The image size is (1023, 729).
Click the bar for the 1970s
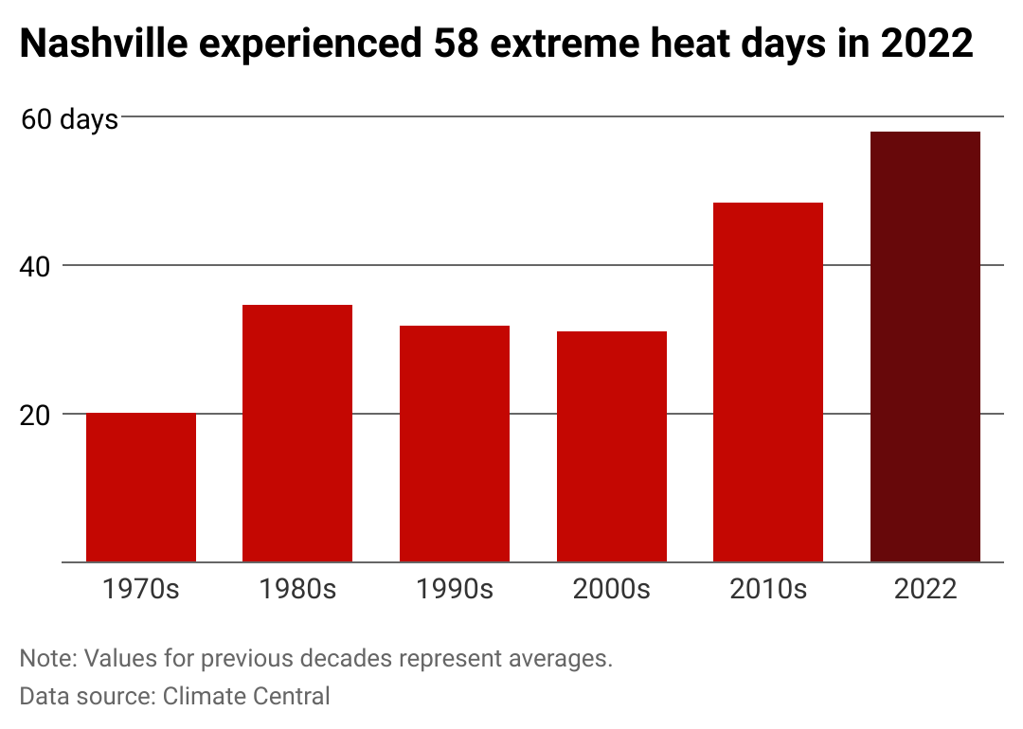coord(141,488)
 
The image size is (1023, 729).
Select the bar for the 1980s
coord(297,434)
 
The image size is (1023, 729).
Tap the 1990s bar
coord(455,444)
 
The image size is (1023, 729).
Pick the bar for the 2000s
coord(612,447)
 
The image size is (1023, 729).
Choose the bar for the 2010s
coord(768,382)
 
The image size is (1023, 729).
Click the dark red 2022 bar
coord(925,347)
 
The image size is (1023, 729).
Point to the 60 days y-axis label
coord(69,119)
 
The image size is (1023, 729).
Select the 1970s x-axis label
coord(141,589)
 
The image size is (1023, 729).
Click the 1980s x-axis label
coord(297,589)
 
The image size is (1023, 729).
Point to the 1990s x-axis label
coord(455,589)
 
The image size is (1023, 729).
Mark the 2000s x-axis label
coord(612,589)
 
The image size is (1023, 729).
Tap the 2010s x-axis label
coord(768,589)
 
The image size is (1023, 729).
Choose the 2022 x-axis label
coord(925,589)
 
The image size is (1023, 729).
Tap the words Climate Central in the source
coord(246,697)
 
